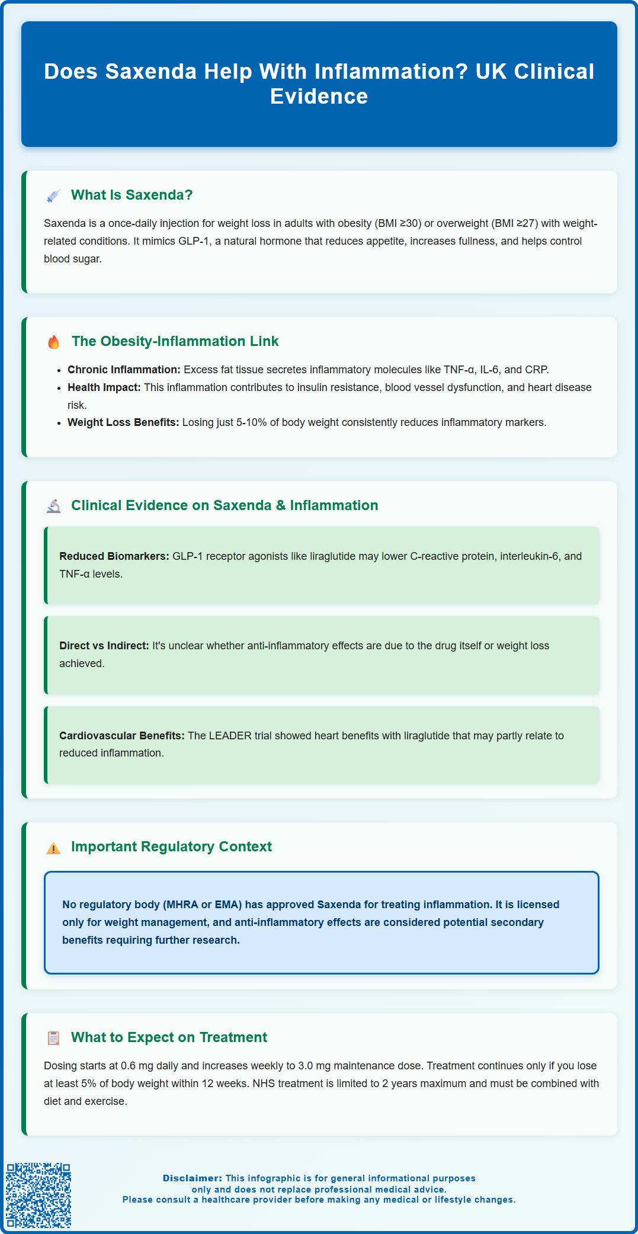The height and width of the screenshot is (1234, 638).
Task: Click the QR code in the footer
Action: (39, 1195)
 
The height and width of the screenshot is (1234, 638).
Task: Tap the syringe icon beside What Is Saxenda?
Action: (53, 196)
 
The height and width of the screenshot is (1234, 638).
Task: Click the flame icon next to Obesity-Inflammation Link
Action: (53, 342)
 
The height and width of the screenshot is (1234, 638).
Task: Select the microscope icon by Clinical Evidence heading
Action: (53, 506)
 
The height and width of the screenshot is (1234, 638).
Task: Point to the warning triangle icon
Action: (53, 848)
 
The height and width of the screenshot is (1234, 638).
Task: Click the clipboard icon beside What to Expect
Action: (53, 1038)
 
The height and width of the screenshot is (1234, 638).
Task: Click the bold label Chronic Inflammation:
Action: (124, 370)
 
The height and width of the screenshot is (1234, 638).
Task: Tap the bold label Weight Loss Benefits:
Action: (123, 422)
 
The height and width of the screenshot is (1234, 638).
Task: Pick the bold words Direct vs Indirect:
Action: (104, 646)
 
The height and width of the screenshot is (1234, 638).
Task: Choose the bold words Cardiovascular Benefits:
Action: (122, 736)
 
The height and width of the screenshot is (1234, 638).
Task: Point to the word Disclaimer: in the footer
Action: (193, 1178)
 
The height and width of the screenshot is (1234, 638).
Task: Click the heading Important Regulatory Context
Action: (171, 847)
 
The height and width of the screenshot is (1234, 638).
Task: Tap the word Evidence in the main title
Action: (319, 96)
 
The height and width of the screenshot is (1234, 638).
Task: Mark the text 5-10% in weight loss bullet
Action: (251, 422)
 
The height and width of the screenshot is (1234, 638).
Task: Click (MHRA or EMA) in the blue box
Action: (202, 905)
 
